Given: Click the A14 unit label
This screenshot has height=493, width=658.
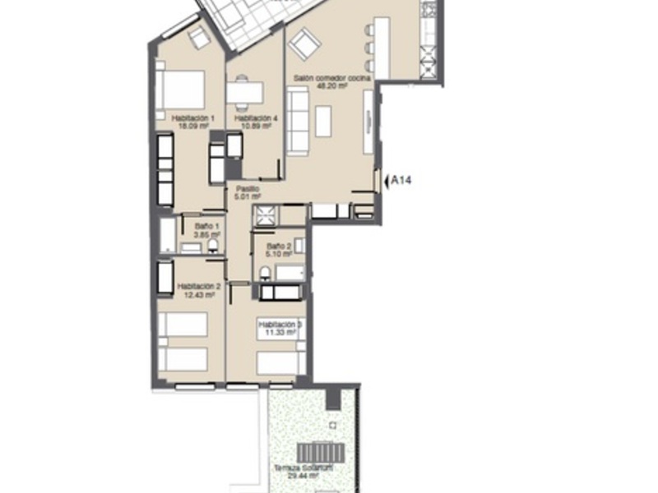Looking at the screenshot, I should tap(401, 180).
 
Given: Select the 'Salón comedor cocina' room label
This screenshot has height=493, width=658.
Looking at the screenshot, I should tap(332, 78).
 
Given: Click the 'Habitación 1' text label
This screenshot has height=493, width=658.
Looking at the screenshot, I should tap(192, 118).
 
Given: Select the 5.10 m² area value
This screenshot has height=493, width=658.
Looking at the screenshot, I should tap(278, 254).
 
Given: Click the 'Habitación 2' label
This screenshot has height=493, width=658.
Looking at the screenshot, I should tap(197, 287).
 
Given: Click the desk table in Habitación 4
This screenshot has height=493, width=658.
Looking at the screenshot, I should tap(245, 93).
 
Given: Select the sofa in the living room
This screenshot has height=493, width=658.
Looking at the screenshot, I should tap(297, 121).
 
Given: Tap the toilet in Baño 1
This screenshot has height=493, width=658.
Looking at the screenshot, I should tap(213, 244).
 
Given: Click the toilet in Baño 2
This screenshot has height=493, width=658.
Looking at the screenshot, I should tap(266, 273).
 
